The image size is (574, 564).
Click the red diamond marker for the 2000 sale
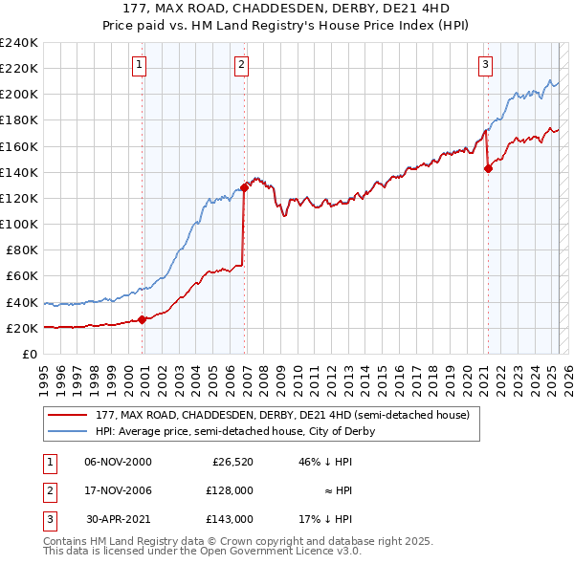click(143, 319)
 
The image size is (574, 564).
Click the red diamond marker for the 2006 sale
click(245, 187)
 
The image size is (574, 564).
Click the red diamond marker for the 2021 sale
click(488, 168)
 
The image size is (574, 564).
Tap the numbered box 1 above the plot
click(140, 65)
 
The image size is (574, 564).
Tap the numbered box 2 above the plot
click(241, 65)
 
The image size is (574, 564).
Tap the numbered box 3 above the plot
click(485, 65)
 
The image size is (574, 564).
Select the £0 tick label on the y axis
click(29, 354)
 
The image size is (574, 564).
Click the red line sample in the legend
click(66, 416)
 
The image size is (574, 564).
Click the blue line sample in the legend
click(66, 431)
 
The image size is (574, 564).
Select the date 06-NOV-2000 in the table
click(118, 462)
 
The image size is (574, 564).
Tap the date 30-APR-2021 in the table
click(118, 519)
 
